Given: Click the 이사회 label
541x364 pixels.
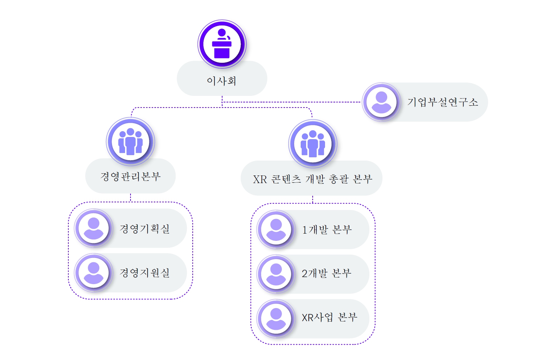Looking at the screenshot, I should (222, 81).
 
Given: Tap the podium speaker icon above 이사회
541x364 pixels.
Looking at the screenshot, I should (222, 44).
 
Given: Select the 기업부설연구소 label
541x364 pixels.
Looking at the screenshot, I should (442, 102).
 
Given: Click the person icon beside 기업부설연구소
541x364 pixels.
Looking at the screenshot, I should (381, 102).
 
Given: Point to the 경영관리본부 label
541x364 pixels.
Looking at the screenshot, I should (131, 177).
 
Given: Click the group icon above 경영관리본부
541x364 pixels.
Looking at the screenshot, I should (131, 142).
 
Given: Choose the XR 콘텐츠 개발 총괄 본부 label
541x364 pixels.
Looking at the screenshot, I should (312, 179).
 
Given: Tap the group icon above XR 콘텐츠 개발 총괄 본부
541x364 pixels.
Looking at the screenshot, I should (313, 144).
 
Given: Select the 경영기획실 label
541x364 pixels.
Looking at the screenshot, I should (145, 228).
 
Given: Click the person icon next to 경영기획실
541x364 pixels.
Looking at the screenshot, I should (94, 228).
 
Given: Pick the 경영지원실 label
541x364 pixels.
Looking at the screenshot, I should (145, 273).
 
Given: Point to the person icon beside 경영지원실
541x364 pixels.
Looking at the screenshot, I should (94, 273).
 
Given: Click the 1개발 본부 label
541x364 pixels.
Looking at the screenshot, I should (327, 230).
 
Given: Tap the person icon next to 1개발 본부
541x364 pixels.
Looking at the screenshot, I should (276, 230).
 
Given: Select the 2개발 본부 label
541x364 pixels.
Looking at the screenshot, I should (326, 274).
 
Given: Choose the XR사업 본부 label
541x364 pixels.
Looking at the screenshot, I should (329, 318).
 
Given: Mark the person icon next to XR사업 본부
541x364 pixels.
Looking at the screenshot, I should (276, 319).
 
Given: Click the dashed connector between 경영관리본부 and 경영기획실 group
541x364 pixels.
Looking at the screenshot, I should (131, 198).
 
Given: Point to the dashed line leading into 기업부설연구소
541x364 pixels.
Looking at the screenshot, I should (291, 102).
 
